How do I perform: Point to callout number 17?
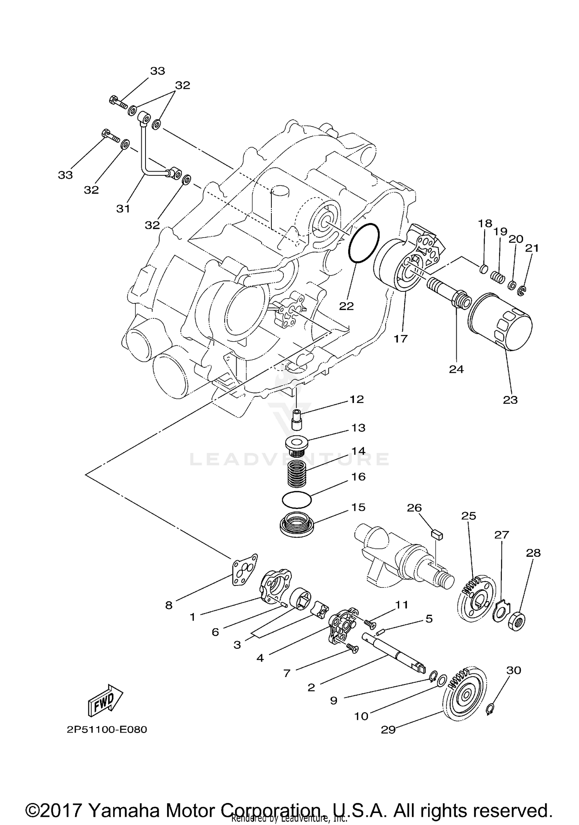pyautogui.click(x=401, y=339)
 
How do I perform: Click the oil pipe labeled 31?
pyautogui.click(x=145, y=155)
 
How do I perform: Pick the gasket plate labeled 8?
pyautogui.click(x=245, y=570)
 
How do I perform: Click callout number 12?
pyautogui.click(x=357, y=399)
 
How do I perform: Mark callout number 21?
pyautogui.click(x=532, y=248)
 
